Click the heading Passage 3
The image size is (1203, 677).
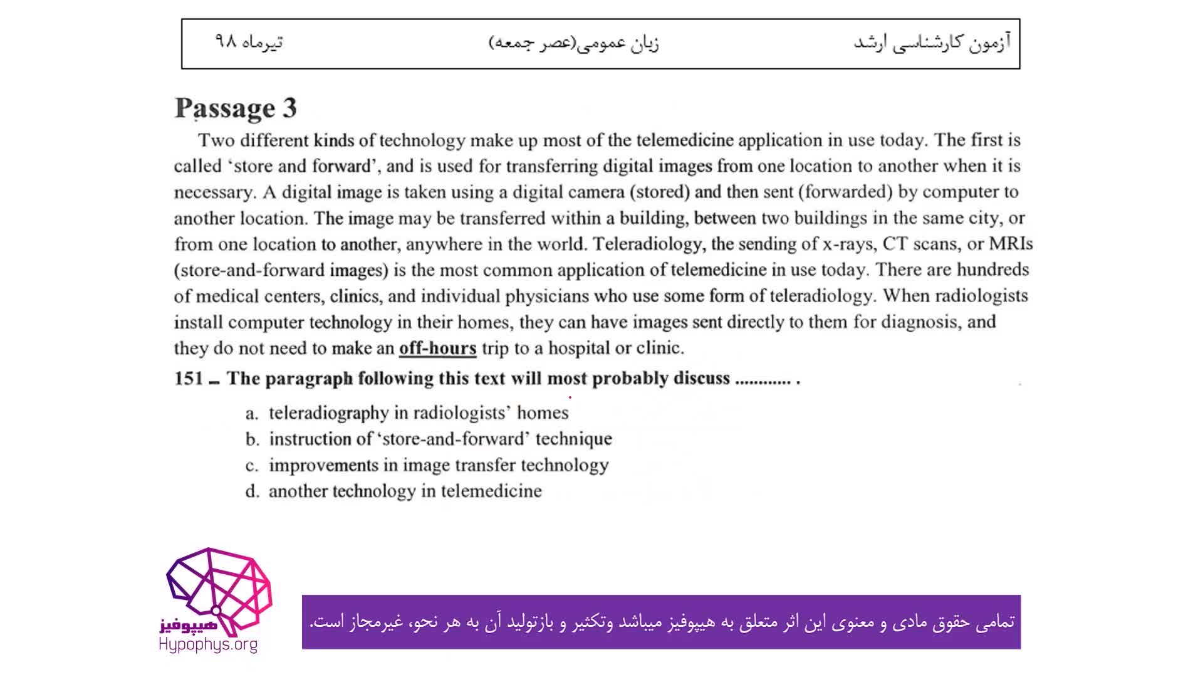[x=236, y=108]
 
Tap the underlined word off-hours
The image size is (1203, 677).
[x=437, y=348]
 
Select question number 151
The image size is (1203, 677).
[x=189, y=379]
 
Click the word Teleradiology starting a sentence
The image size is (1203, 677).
[x=648, y=244]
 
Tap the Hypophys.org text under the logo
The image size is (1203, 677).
[x=208, y=644]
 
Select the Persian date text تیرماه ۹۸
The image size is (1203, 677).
[x=249, y=43]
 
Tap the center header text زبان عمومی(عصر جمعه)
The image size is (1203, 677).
[x=573, y=43]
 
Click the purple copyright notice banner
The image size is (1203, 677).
[x=661, y=622]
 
